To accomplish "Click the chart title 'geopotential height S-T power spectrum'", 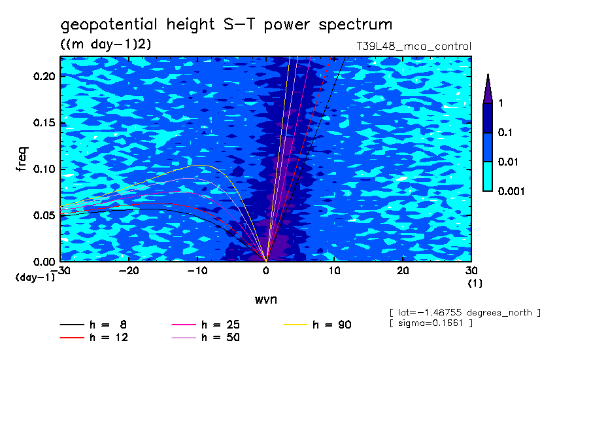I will (x=226, y=25).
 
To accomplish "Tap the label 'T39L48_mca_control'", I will (x=409, y=46).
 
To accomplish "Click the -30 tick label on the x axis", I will (x=61, y=270).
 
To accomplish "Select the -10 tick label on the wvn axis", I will (x=197, y=270).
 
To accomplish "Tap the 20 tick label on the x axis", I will (x=403, y=270).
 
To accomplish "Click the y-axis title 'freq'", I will (x=23, y=159).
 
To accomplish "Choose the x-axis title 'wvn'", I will (x=265, y=299).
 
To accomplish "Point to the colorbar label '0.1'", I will (x=506, y=133).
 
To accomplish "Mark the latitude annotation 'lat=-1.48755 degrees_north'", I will (x=465, y=312).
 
